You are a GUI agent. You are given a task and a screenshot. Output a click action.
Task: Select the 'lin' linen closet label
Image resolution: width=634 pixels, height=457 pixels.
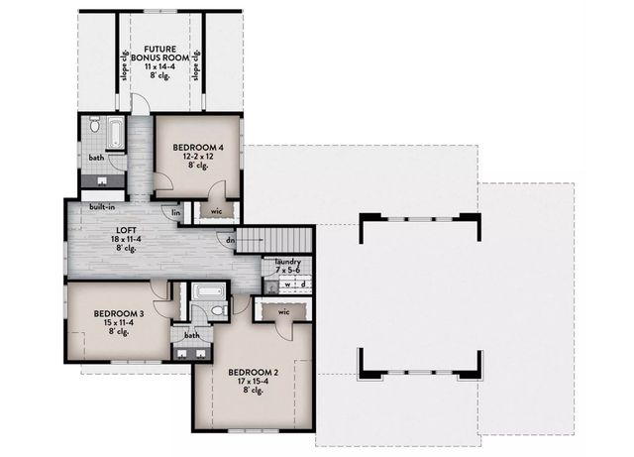point(176,211)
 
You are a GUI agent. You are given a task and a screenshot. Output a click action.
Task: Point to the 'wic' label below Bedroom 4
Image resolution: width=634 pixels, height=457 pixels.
point(217,210)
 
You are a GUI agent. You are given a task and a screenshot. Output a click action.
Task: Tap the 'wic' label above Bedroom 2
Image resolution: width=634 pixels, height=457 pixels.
point(282,312)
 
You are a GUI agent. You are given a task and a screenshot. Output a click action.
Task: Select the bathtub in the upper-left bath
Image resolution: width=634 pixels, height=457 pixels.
point(114,133)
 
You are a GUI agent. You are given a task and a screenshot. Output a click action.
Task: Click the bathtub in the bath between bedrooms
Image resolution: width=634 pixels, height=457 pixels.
point(208,291)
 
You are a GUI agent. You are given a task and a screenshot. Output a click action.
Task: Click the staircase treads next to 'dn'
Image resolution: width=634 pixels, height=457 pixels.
point(272,239)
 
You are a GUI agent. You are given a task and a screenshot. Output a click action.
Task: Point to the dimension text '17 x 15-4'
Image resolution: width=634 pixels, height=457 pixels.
point(254,383)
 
